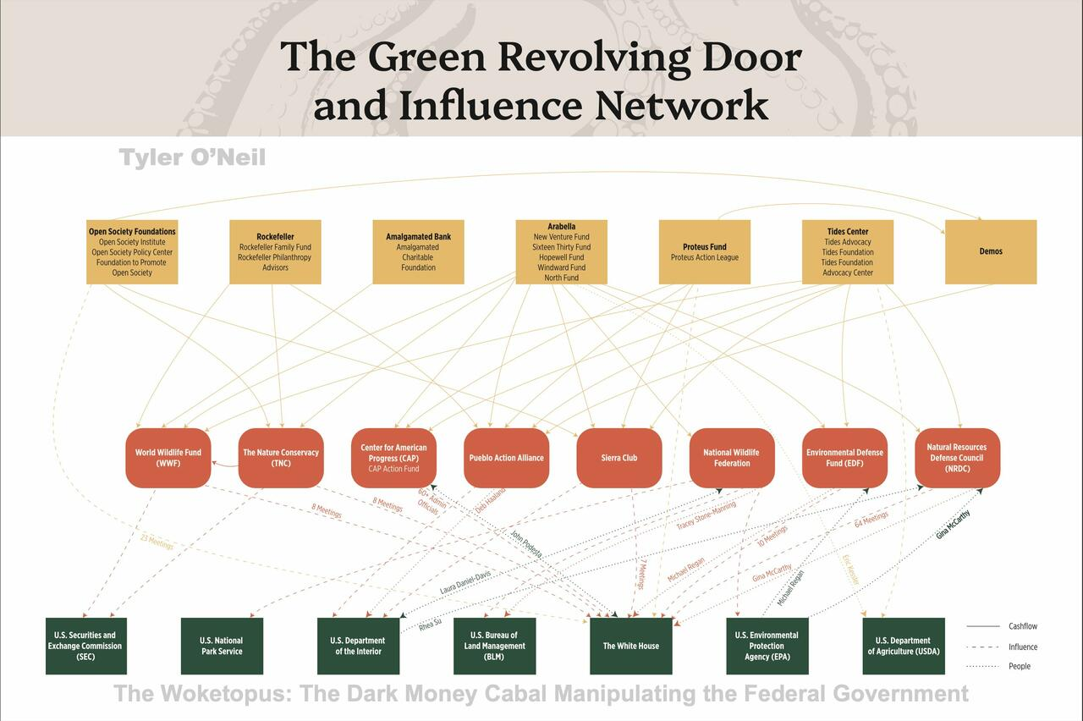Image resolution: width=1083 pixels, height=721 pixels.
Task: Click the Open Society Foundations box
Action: pos(132,252)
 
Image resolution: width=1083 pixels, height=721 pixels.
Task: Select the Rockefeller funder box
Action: pos(275,252)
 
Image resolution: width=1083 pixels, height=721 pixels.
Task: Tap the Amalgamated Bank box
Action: pos(418,252)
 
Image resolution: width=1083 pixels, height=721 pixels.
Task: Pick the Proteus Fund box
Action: pos(704,252)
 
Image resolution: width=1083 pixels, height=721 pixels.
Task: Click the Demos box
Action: pos(990,252)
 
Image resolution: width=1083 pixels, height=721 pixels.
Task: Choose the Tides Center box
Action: pos(847,252)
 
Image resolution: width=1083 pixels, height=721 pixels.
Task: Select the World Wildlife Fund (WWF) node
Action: pos(168,458)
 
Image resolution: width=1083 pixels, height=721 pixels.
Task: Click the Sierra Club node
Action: pos(618,458)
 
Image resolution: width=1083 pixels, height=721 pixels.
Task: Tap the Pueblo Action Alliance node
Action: pos(506,458)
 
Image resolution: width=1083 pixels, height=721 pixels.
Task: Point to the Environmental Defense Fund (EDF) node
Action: pos(844,458)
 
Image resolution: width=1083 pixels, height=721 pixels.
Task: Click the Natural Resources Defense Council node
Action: pos(957,458)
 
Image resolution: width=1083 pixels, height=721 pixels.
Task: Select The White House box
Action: pos(630,646)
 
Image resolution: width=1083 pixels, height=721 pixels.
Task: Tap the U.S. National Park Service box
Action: pos(222,646)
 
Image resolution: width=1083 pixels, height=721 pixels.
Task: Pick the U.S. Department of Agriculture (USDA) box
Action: pos(903,646)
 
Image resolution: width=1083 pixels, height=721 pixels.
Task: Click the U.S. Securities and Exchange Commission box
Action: pos(85,646)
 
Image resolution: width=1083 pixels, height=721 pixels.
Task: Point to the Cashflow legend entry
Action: pos(1022,626)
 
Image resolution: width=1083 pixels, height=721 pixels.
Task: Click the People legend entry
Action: pos(1020,666)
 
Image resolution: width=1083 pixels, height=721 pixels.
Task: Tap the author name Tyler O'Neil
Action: pos(192,157)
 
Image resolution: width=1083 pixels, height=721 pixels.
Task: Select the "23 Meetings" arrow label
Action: pos(157,542)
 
